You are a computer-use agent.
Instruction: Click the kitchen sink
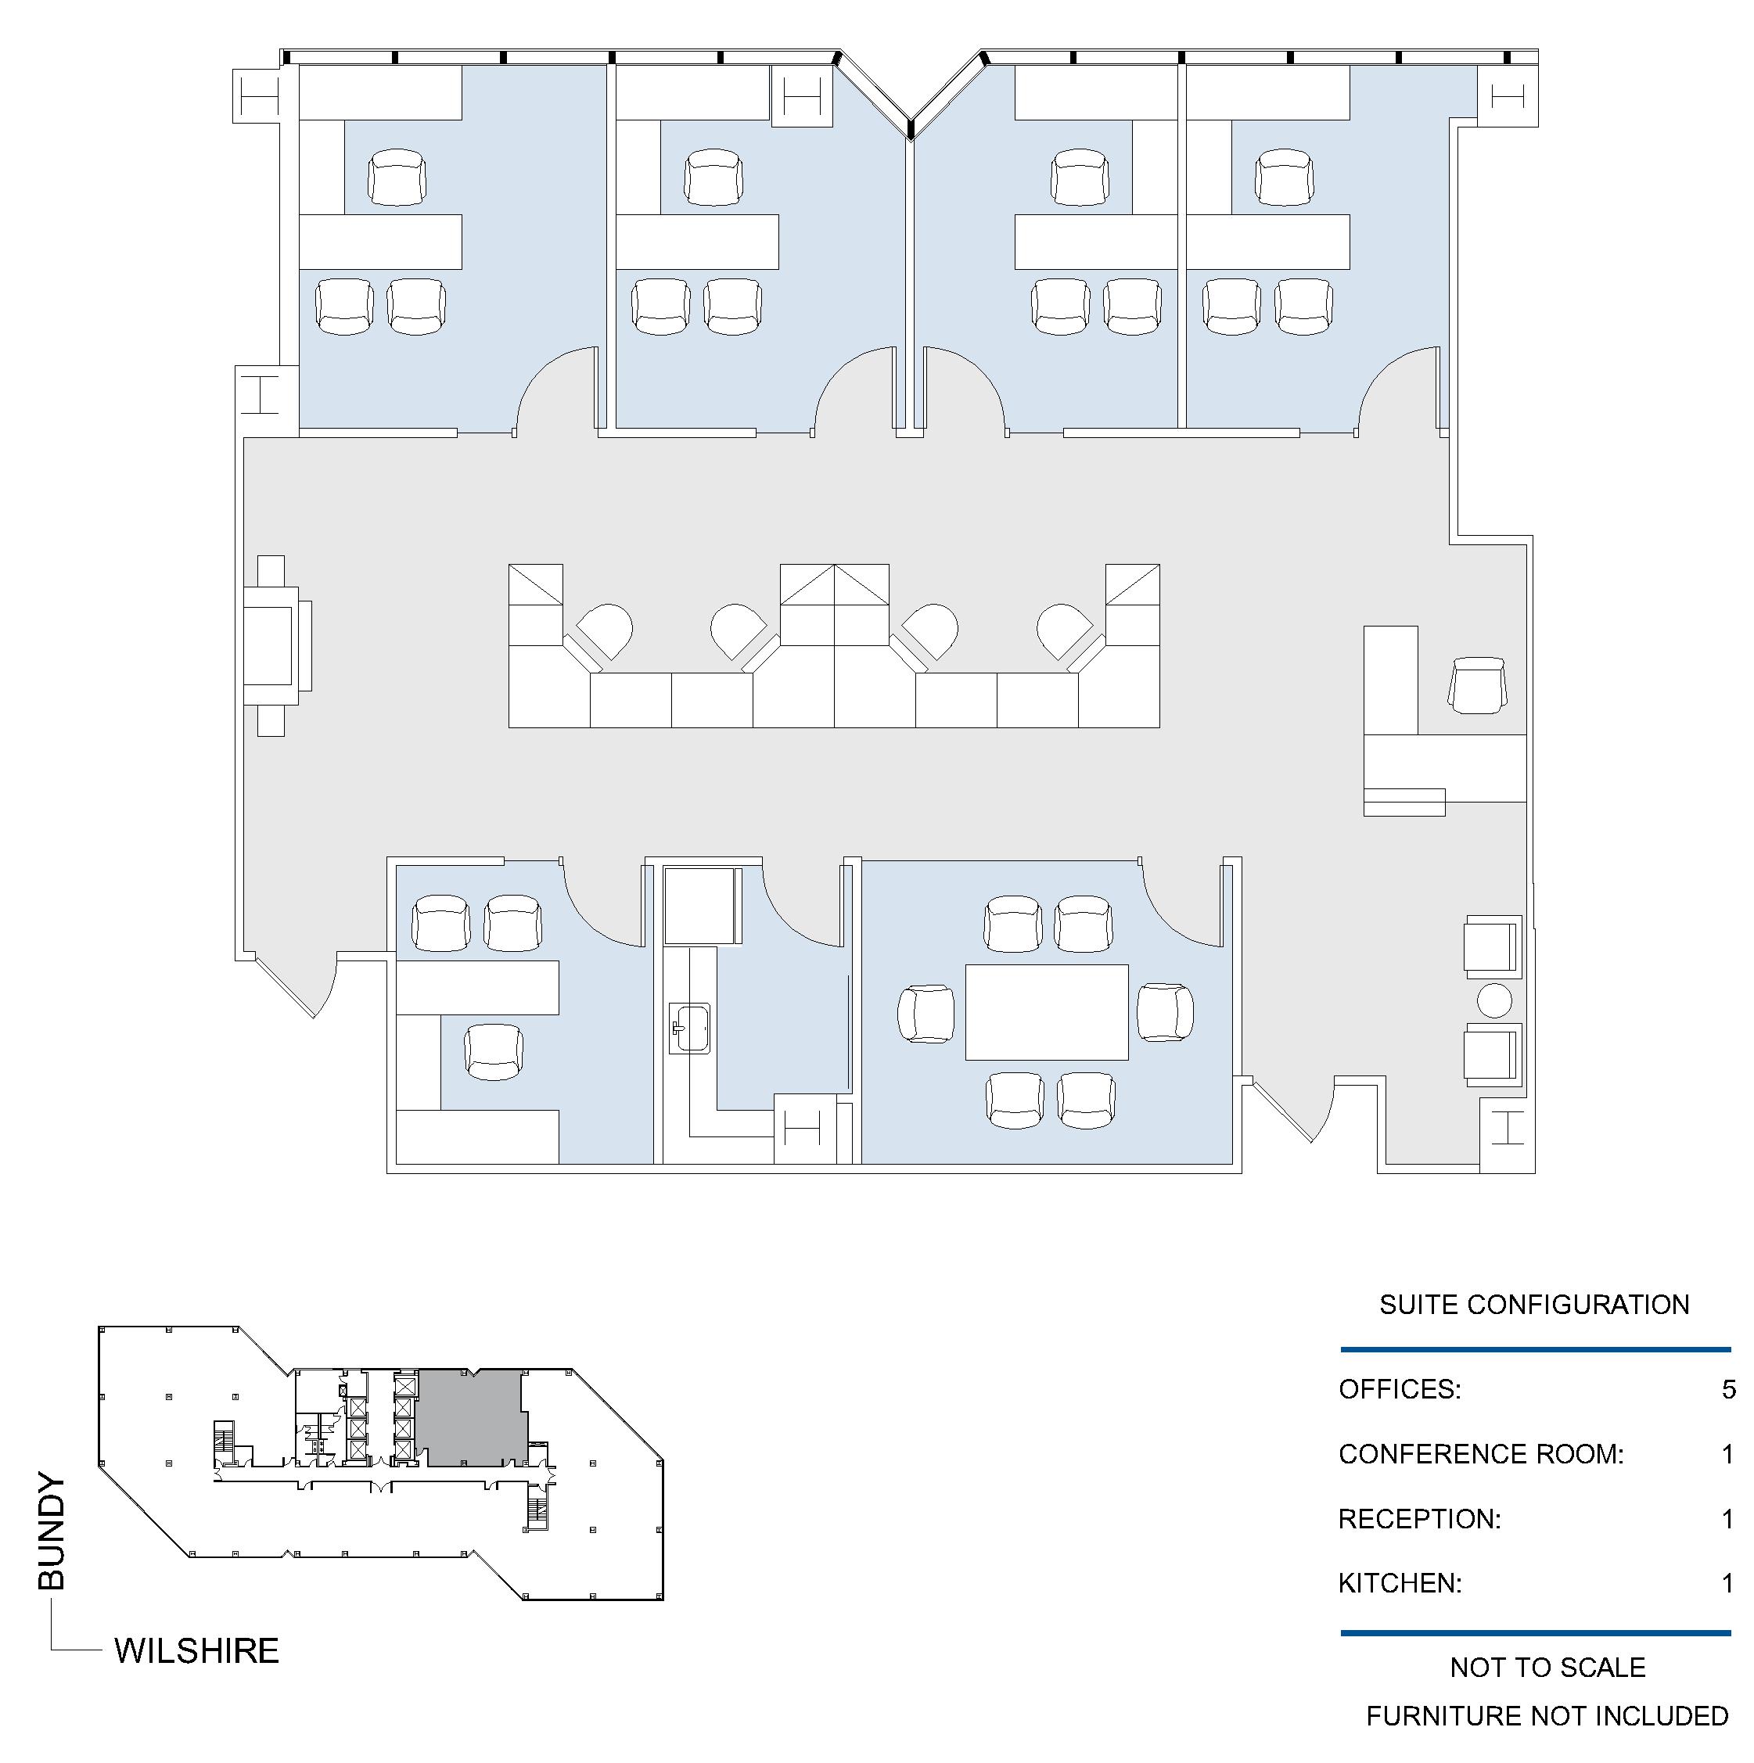[690, 1029]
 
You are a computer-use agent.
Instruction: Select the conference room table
[1047, 1012]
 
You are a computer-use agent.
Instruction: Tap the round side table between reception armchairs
[1494, 1001]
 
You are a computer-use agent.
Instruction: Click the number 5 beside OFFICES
[1728, 1389]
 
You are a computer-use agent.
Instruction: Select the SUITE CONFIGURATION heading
[1534, 1304]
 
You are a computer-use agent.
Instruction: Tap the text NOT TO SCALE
[1547, 1668]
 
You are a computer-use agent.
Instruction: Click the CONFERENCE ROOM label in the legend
[1481, 1453]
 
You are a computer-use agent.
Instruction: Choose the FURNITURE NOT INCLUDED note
[1547, 1715]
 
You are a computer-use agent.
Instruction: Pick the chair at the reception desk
[1478, 685]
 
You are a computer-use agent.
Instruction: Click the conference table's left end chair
[926, 1013]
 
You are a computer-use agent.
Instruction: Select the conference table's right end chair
[1166, 1012]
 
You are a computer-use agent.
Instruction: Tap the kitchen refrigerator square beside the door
[700, 906]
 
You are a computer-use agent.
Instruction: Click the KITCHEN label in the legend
[1400, 1582]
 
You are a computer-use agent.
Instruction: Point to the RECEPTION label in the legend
[1419, 1518]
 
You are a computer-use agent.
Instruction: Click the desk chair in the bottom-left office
[494, 1052]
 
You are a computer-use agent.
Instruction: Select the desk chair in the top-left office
[397, 177]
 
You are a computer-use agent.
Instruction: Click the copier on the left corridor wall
[276, 645]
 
